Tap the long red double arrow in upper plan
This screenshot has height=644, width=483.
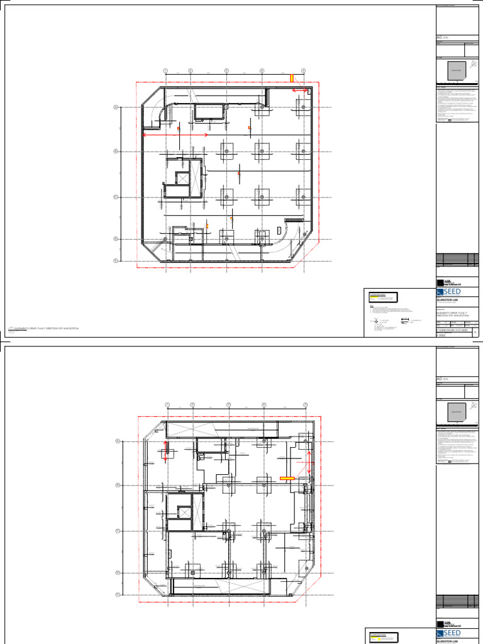(175, 135)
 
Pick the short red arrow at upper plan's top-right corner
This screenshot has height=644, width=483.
(299, 91)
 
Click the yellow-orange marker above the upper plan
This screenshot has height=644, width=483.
(291, 77)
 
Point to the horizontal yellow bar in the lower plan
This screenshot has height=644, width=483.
(287, 479)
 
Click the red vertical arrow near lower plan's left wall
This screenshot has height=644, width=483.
(166, 452)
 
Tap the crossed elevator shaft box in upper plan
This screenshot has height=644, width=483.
(182, 180)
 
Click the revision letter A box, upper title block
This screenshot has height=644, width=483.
(474, 332)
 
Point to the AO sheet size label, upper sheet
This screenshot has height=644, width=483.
(440, 38)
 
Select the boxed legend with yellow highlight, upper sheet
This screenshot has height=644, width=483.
(383, 298)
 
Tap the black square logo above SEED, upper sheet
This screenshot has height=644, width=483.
(440, 282)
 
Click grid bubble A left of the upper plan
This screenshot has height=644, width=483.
(116, 108)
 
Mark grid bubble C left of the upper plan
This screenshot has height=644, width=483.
(116, 197)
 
